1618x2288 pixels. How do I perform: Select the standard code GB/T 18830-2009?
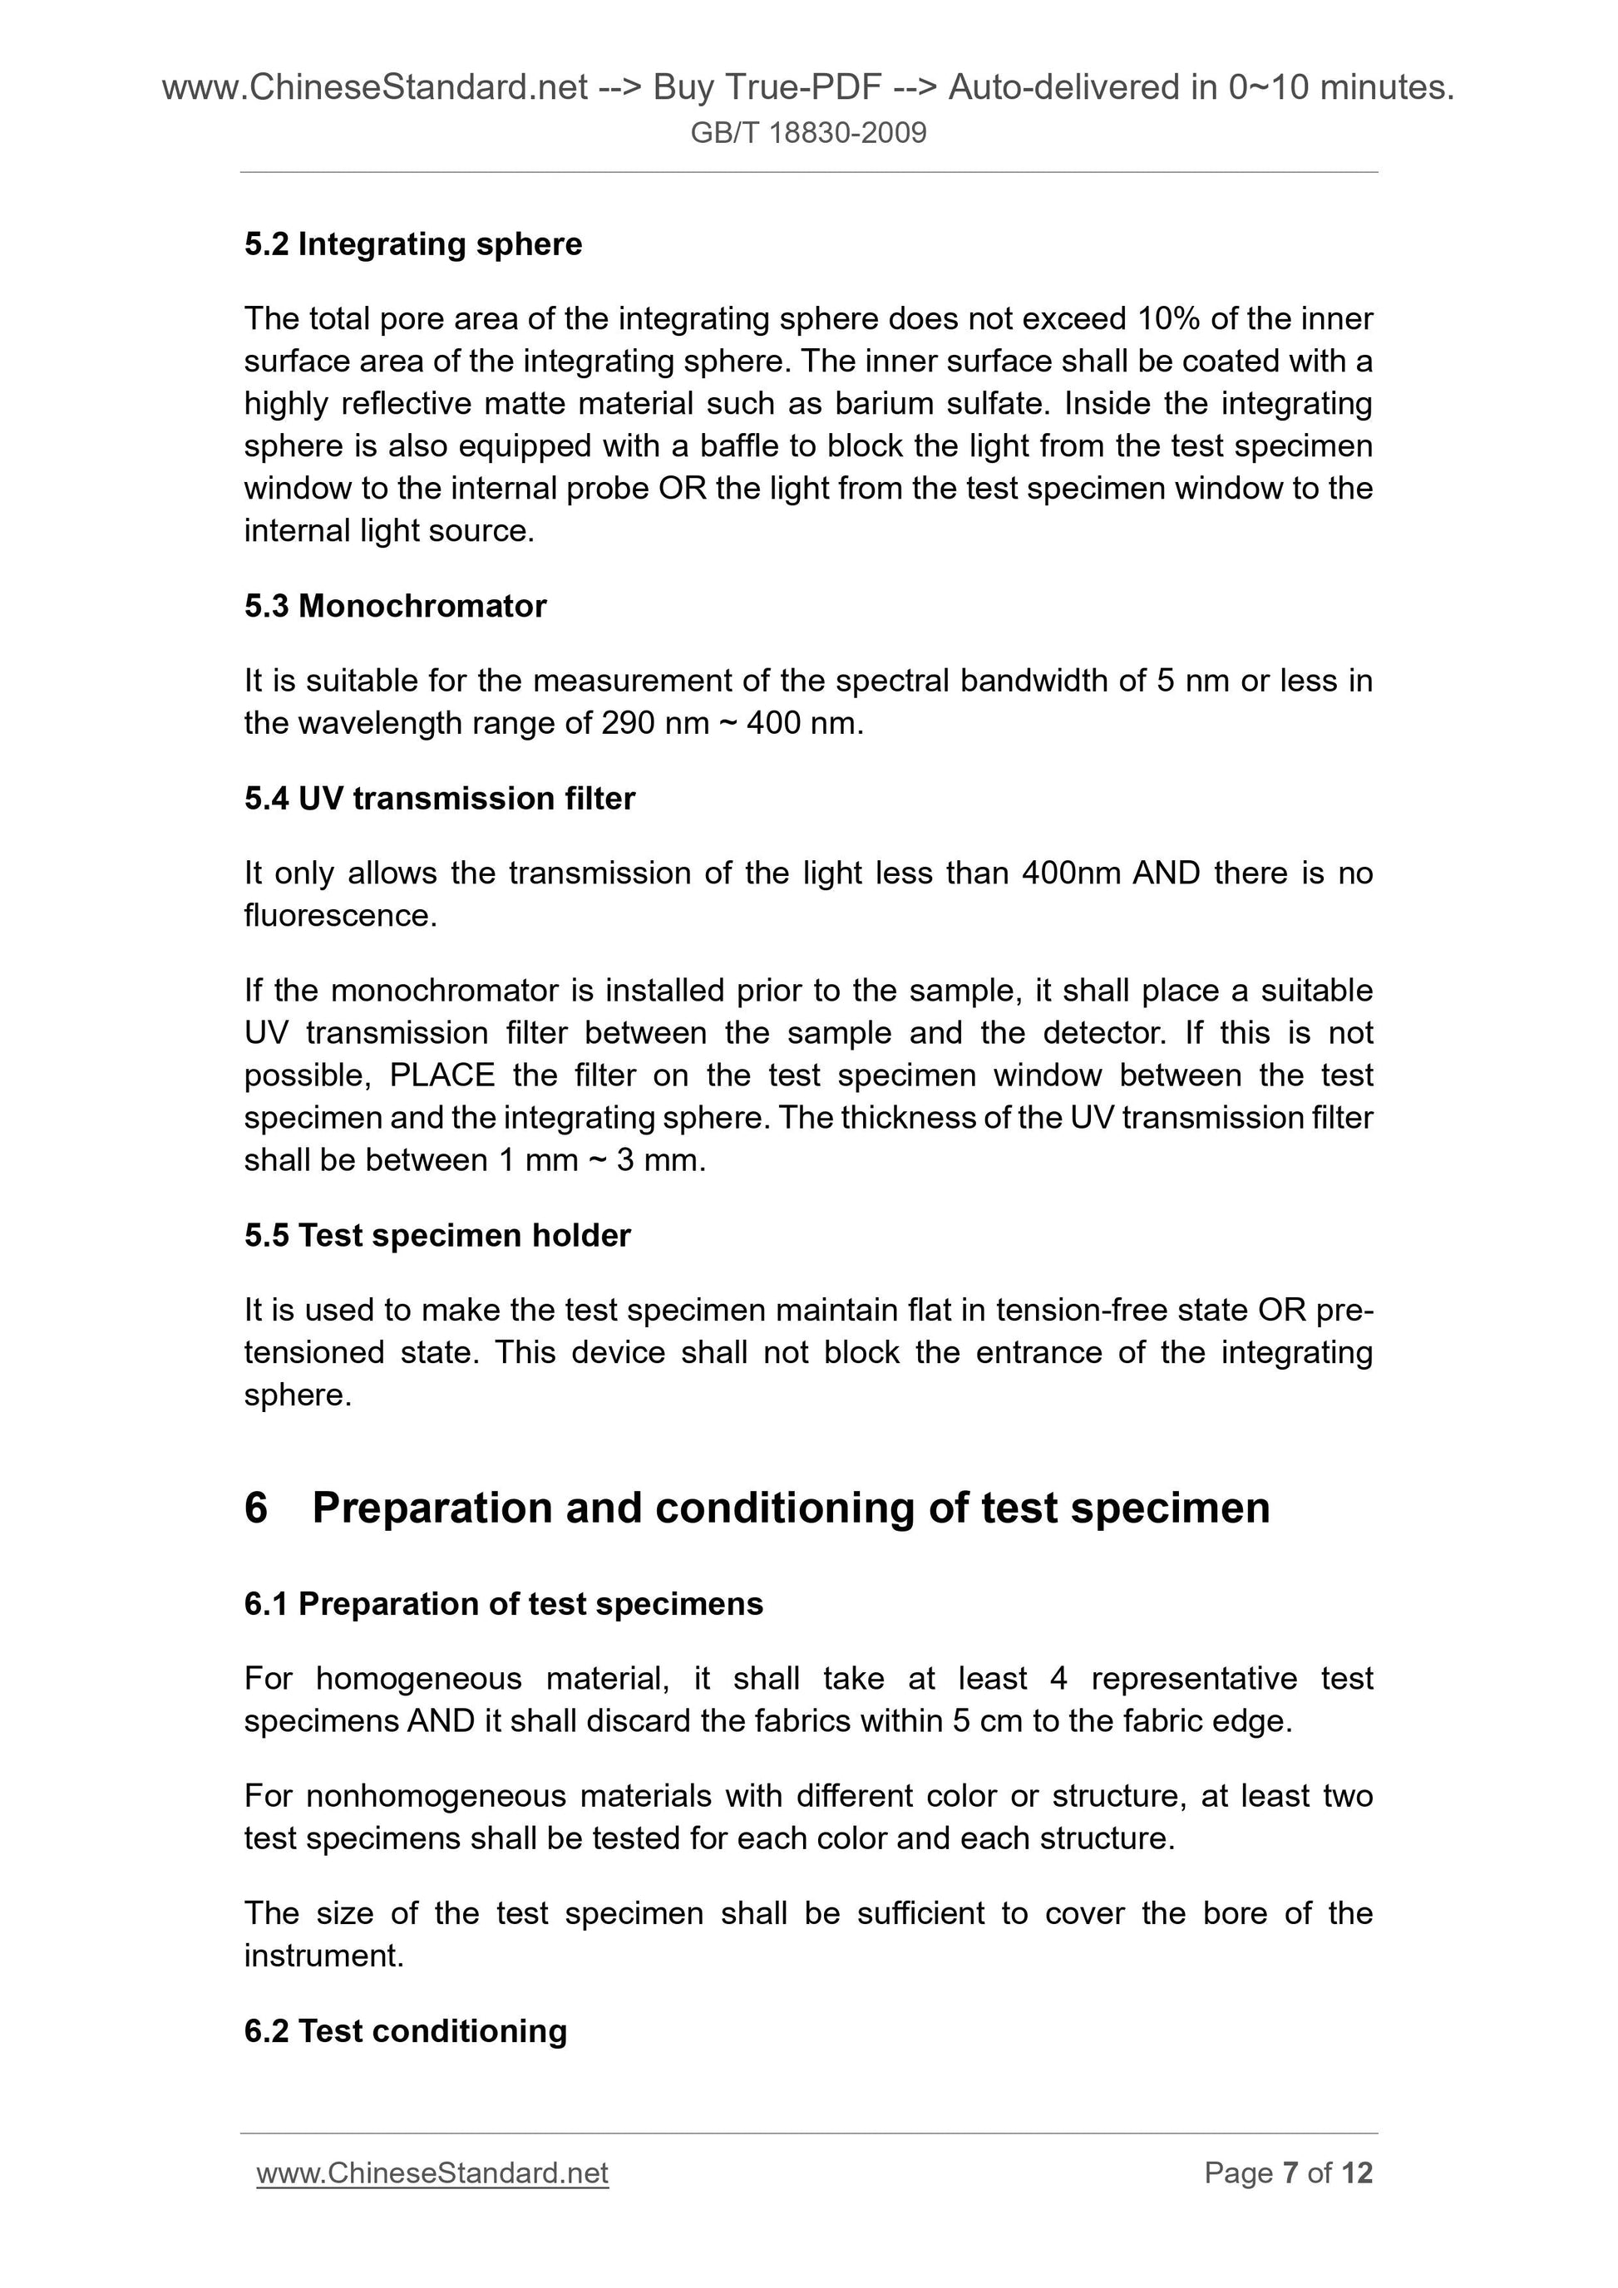(808, 132)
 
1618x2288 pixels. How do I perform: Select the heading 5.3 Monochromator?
(395, 606)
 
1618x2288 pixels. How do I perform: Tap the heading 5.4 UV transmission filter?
(439, 798)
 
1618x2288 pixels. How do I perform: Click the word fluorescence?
(340, 916)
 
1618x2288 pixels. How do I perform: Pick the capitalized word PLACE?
(441, 1075)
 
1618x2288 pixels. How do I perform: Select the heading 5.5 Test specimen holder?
(437, 1236)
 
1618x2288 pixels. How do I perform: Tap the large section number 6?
(256, 1508)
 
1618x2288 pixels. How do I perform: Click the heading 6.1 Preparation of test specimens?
(504, 1604)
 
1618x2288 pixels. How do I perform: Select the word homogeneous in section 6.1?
(419, 1679)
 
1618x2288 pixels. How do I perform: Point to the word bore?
(1233, 1913)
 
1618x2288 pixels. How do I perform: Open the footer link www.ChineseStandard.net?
(432, 2173)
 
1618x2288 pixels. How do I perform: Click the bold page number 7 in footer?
(1290, 2173)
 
